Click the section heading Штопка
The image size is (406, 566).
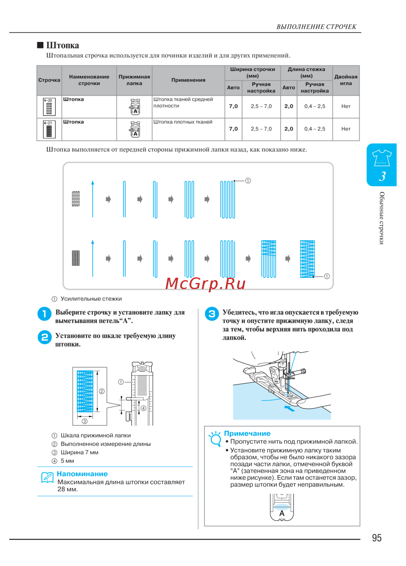63,45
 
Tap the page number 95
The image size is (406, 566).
376,538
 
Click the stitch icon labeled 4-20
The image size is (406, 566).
49,107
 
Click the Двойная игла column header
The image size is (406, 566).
346,80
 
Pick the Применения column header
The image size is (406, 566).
188,80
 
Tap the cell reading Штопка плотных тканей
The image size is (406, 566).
183,122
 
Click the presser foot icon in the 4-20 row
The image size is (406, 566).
135,107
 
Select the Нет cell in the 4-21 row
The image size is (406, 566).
346,129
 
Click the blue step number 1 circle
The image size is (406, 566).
44,314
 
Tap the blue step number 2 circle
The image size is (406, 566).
44,337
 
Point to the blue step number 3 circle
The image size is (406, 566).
212,314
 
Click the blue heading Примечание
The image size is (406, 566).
247,434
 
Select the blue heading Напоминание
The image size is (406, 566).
82,474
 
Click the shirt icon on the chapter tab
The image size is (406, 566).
382,158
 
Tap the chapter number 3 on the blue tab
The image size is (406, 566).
382,176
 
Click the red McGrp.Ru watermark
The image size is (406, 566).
205,283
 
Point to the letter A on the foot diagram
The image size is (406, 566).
282,513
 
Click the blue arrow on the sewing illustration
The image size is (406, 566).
289,408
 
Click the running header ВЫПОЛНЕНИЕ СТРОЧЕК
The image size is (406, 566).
316,27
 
